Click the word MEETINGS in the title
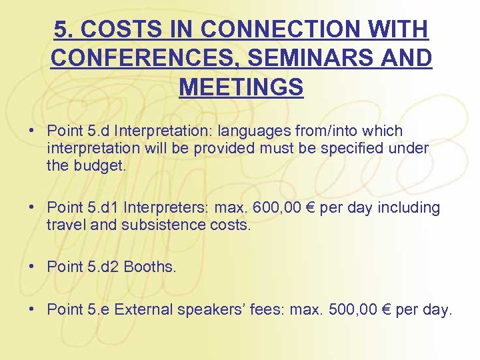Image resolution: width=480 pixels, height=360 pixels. tap(241, 87)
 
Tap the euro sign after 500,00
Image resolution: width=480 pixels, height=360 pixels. tap(387, 309)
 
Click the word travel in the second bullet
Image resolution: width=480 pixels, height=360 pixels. tap(66, 225)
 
